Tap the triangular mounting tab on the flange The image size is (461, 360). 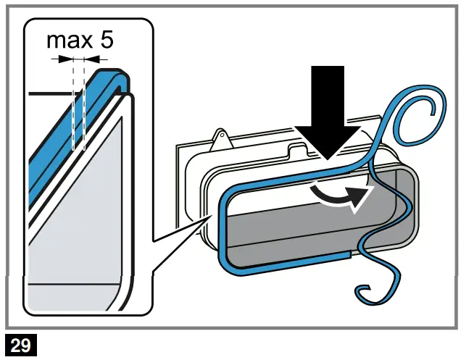click(220, 139)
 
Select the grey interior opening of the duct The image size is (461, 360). click(312, 225)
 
